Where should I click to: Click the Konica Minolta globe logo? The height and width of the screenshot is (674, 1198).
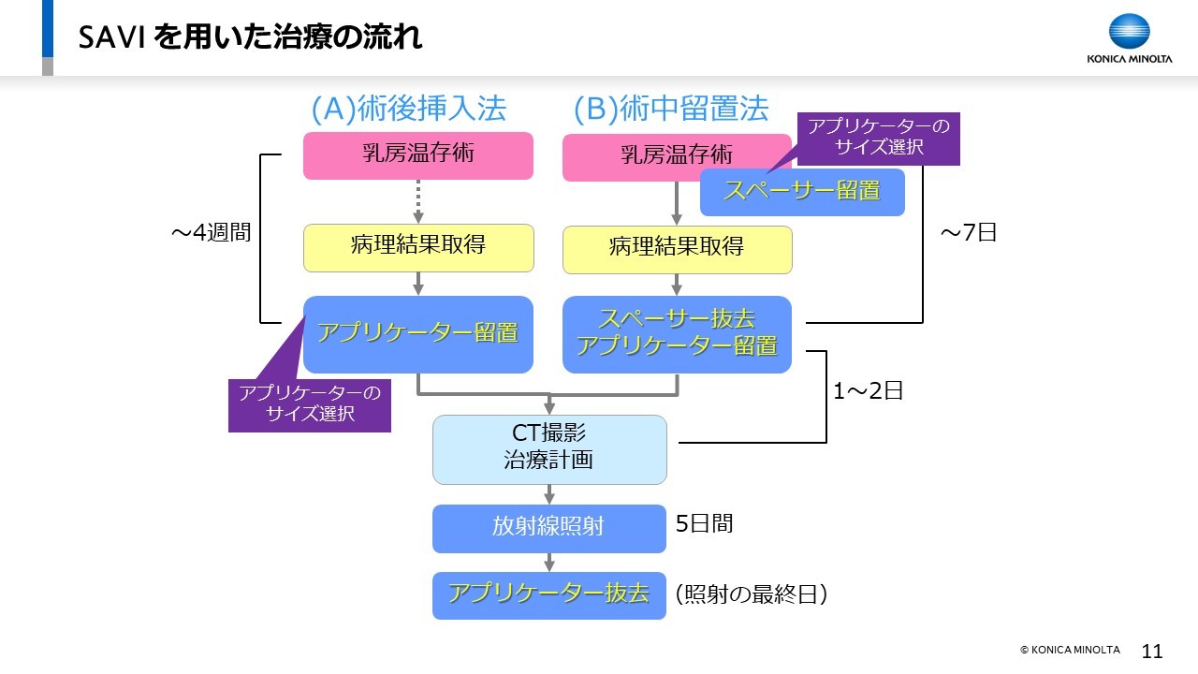click(1129, 32)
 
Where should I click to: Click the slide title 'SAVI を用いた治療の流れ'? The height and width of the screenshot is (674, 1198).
click(250, 37)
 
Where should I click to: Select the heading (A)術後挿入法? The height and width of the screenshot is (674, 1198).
click(409, 109)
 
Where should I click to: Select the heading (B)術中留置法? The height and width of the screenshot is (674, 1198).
click(671, 109)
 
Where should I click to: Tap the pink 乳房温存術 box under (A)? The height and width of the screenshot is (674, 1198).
click(418, 155)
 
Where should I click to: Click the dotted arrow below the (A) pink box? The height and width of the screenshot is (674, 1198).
click(418, 201)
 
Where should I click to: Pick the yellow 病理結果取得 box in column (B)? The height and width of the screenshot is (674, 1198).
click(677, 250)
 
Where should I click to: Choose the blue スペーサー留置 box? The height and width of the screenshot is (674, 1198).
click(802, 192)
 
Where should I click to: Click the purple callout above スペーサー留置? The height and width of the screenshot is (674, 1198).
click(879, 139)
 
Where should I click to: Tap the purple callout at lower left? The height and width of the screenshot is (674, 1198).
click(310, 405)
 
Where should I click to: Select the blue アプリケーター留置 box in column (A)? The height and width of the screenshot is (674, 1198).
click(418, 334)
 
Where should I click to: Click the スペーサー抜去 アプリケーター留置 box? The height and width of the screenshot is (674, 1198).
click(677, 334)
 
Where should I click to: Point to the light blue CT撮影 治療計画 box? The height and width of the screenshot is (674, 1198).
click(549, 450)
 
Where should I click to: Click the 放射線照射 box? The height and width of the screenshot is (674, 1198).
click(549, 529)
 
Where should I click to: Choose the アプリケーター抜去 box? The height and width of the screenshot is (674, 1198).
click(549, 595)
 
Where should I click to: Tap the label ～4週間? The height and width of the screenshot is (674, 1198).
click(212, 233)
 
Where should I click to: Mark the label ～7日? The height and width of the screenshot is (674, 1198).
click(969, 233)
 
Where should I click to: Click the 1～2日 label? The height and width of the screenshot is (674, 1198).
click(868, 391)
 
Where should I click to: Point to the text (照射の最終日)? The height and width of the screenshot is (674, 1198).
click(752, 594)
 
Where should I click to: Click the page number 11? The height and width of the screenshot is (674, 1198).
click(1152, 651)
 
